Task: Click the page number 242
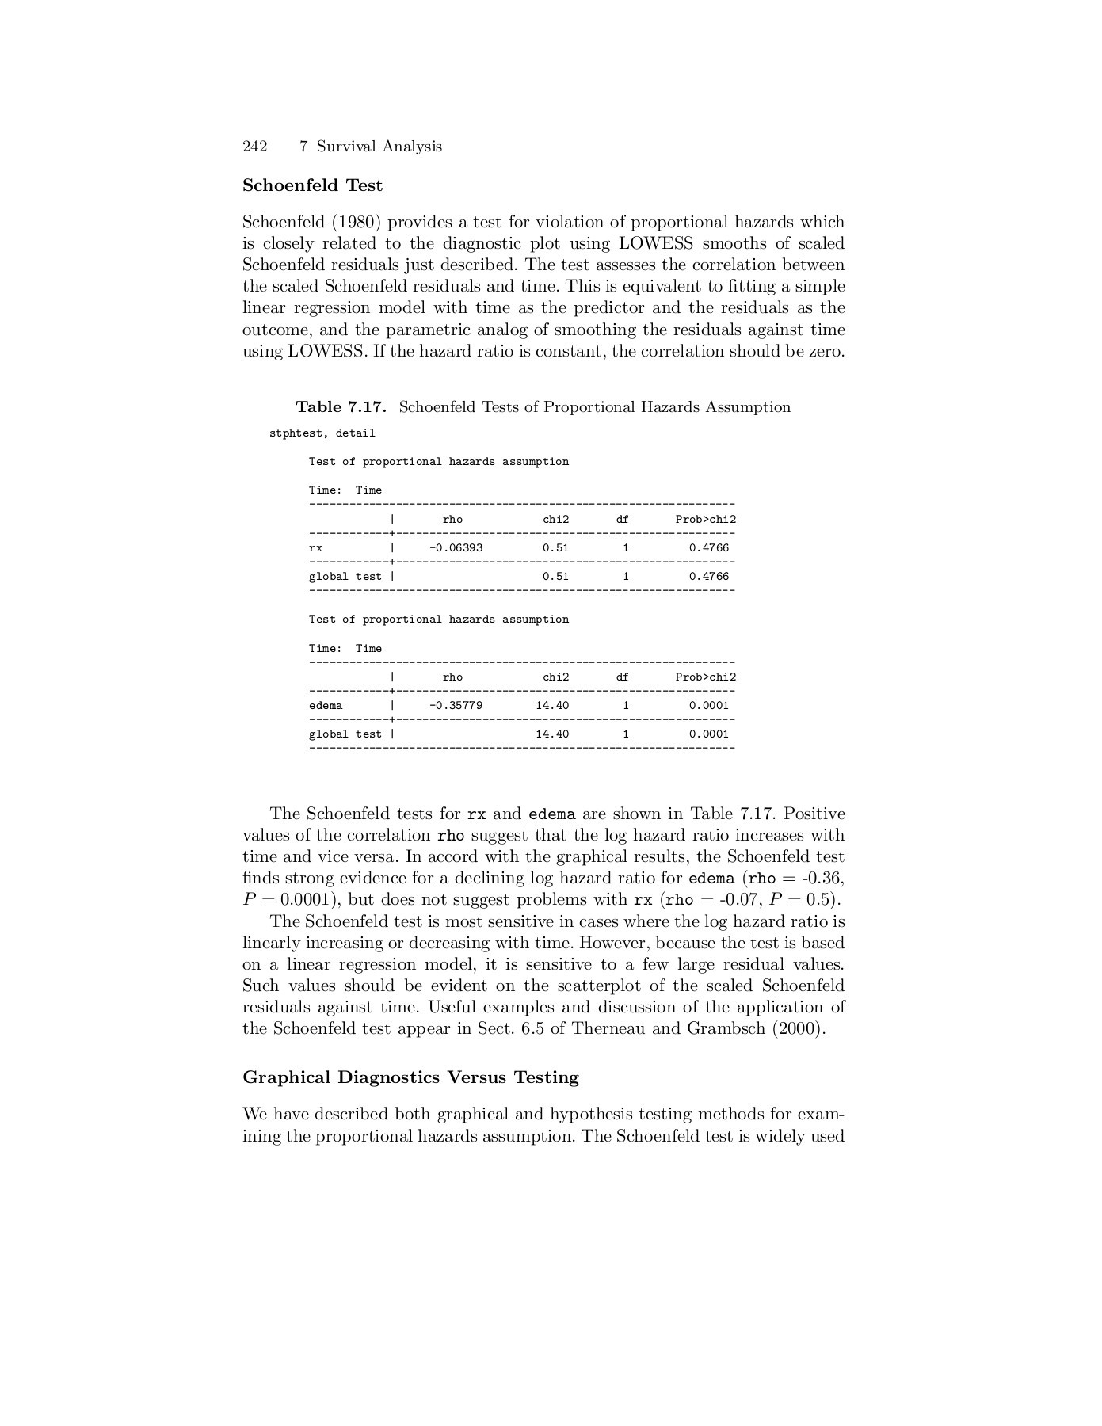pyautogui.click(x=254, y=147)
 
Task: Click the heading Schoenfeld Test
pyautogui.click(x=312, y=185)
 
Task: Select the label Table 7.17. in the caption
pyautogui.click(x=341, y=407)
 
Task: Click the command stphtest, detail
pyautogui.click(x=322, y=433)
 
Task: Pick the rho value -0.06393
pyautogui.click(x=456, y=548)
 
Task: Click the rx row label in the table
pyautogui.click(x=315, y=548)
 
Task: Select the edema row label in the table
pyautogui.click(x=326, y=706)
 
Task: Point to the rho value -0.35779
pyautogui.click(x=456, y=706)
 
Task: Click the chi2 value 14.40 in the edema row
pyautogui.click(x=552, y=706)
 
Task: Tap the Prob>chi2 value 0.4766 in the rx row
pyautogui.click(x=708, y=548)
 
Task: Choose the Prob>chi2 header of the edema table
pyautogui.click(x=705, y=677)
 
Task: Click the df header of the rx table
pyautogui.click(x=623, y=520)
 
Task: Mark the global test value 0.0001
pyautogui.click(x=708, y=734)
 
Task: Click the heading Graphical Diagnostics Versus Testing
pyautogui.click(x=410, y=1077)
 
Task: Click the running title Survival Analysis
pyautogui.click(x=379, y=147)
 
